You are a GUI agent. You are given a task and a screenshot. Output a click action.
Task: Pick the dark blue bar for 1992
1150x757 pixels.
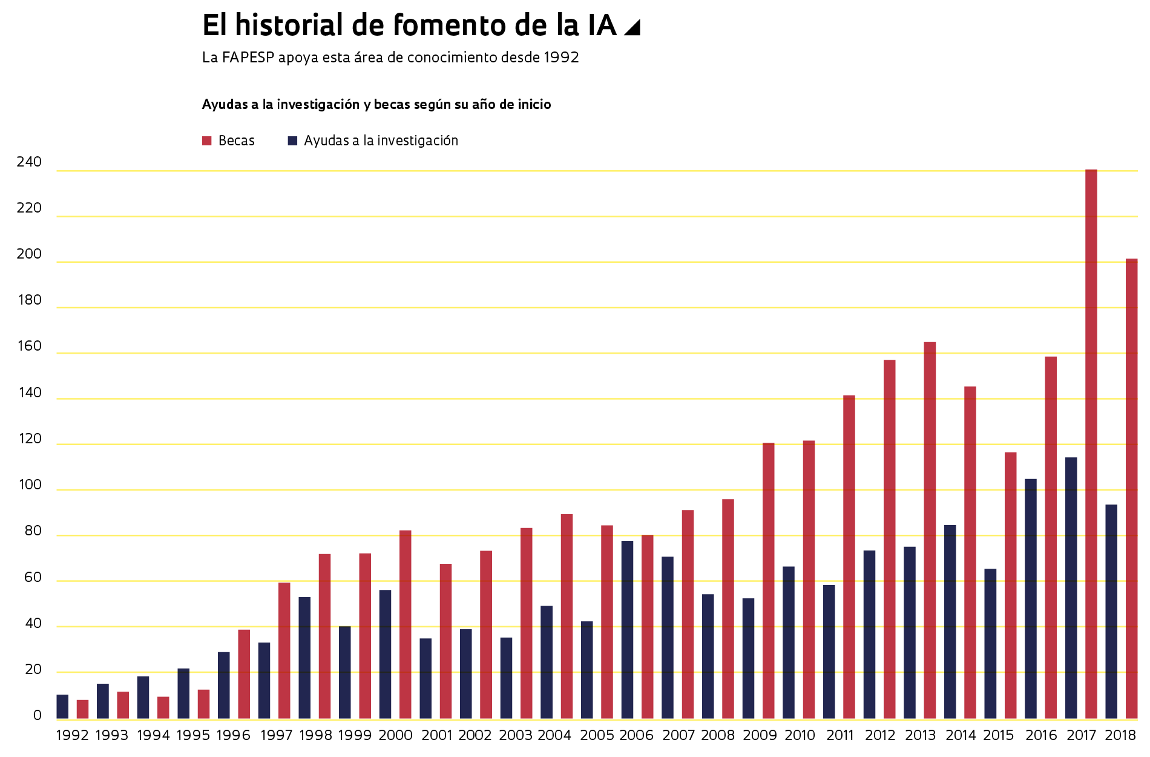click(x=62, y=707)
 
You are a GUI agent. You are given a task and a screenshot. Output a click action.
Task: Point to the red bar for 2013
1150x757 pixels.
click(x=930, y=530)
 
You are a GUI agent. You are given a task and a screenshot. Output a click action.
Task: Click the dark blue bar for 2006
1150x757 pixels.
click(x=627, y=629)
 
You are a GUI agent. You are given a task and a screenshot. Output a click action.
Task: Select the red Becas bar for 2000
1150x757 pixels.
click(x=405, y=624)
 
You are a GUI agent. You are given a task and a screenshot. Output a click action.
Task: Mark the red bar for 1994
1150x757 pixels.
click(x=163, y=707)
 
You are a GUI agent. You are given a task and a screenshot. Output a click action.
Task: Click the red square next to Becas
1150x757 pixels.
click(x=207, y=141)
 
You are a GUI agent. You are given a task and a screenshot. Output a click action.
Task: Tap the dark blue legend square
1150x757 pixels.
click(x=292, y=141)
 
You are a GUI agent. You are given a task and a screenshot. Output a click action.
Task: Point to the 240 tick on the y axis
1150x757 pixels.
click(x=29, y=162)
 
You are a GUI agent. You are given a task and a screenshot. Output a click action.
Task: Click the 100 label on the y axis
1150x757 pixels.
click(x=29, y=484)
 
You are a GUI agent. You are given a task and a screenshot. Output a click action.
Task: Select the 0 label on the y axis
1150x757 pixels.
click(x=38, y=715)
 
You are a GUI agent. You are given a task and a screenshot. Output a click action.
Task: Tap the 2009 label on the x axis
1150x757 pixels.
click(x=760, y=735)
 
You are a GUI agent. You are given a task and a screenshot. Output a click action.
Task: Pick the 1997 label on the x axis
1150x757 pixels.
click(x=276, y=735)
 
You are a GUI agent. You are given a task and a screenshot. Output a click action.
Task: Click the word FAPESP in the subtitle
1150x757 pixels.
click(x=248, y=58)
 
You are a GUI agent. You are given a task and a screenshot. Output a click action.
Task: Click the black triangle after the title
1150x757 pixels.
click(x=632, y=28)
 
